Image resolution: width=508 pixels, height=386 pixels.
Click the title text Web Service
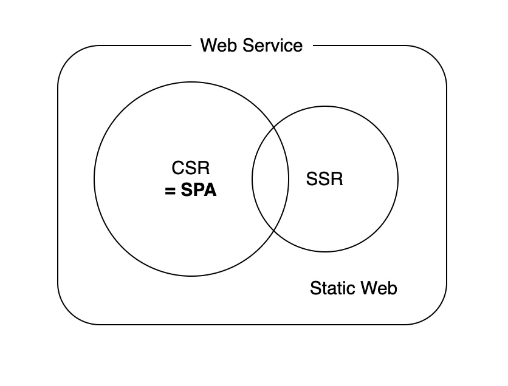pyautogui.click(x=251, y=46)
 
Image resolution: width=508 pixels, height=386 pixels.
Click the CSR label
pyautogui.click(x=191, y=168)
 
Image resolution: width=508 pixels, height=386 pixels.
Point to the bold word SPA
pyautogui.click(x=199, y=191)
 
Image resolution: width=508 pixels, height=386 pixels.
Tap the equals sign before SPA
pyautogui.click(x=170, y=191)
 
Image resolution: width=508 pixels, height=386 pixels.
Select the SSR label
pyautogui.click(x=324, y=179)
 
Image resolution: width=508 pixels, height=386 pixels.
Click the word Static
pyautogui.click(x=332, y=288)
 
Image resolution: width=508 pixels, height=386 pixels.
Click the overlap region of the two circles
pyautogui.click(x=270, y=179)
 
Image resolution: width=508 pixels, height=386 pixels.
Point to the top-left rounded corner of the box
pyautogui.click(x=67, y=55)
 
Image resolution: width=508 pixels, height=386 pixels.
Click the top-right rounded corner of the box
pyautogui.click(x=437, y=55)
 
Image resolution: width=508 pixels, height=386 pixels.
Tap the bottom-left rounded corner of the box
pyautogui.click(x=67, y=315)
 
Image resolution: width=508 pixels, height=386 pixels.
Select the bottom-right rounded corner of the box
pyautogui.click(x=437, y=315)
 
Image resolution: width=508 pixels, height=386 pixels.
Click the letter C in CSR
pyautogui.click(x=177, y=168)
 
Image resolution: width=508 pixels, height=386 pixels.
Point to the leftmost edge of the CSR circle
pyautogui.click(x=94, y=179)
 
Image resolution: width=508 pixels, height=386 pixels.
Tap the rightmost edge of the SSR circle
pyautogui.click(x=398, y=179)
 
